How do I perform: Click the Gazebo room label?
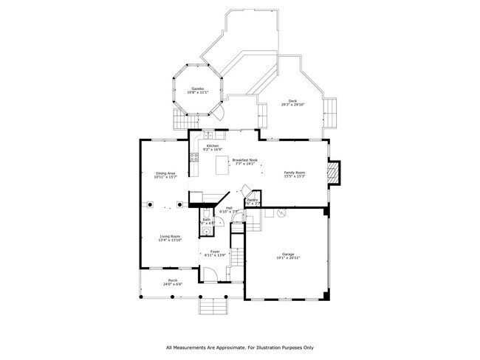(197, 88)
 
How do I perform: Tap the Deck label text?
(292, 101)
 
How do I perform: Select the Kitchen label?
(213, 146)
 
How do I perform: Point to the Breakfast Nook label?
(244, 160)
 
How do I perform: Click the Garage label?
(287, 254)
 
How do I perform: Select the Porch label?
(172, 280)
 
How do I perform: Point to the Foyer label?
(216, 252)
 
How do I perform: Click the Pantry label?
(252, 200)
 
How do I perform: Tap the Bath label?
(207, 219)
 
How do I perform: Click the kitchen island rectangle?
(222, 167)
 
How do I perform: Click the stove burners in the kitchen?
(194, 156)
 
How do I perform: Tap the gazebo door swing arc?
(217, 112)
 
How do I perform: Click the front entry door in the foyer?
(210, 274)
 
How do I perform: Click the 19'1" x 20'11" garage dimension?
(287, 257)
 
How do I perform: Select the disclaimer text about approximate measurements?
(240, 347)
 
